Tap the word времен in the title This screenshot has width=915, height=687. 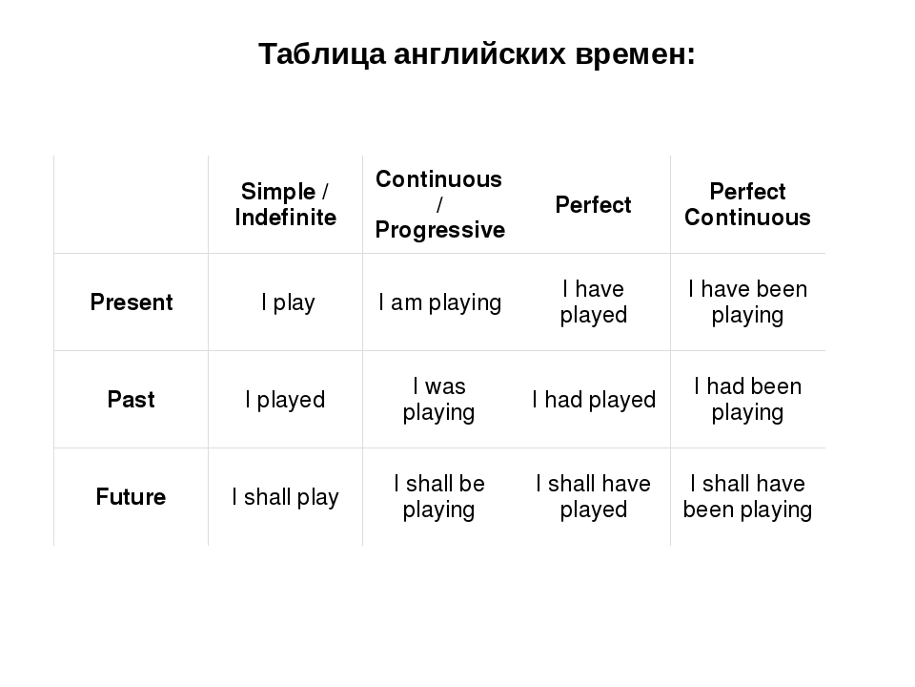[636, 54]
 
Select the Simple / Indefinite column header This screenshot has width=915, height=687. [285, 204]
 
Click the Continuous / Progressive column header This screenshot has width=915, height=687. [439, 204]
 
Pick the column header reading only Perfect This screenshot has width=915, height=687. [593, 205]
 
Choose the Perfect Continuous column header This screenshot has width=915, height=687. [747, 204]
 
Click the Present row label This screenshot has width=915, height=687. [132, 302]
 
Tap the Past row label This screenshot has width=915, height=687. [132, 400]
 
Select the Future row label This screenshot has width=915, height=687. [132, 496]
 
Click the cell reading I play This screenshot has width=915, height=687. [288, 302]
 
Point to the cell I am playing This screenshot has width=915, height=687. [439, 302]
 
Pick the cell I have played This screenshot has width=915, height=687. [594, 302]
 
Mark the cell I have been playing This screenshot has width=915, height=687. [747, 302]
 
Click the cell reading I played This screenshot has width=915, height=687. [285, 400]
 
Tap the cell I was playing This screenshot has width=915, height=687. [438, 400]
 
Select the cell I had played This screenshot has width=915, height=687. [594, 400]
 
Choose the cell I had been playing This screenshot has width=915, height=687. [747, 400]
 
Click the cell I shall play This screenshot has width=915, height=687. [285, 497]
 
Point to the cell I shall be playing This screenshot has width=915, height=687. [438, 496]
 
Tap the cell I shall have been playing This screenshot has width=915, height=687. [747, 496]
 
